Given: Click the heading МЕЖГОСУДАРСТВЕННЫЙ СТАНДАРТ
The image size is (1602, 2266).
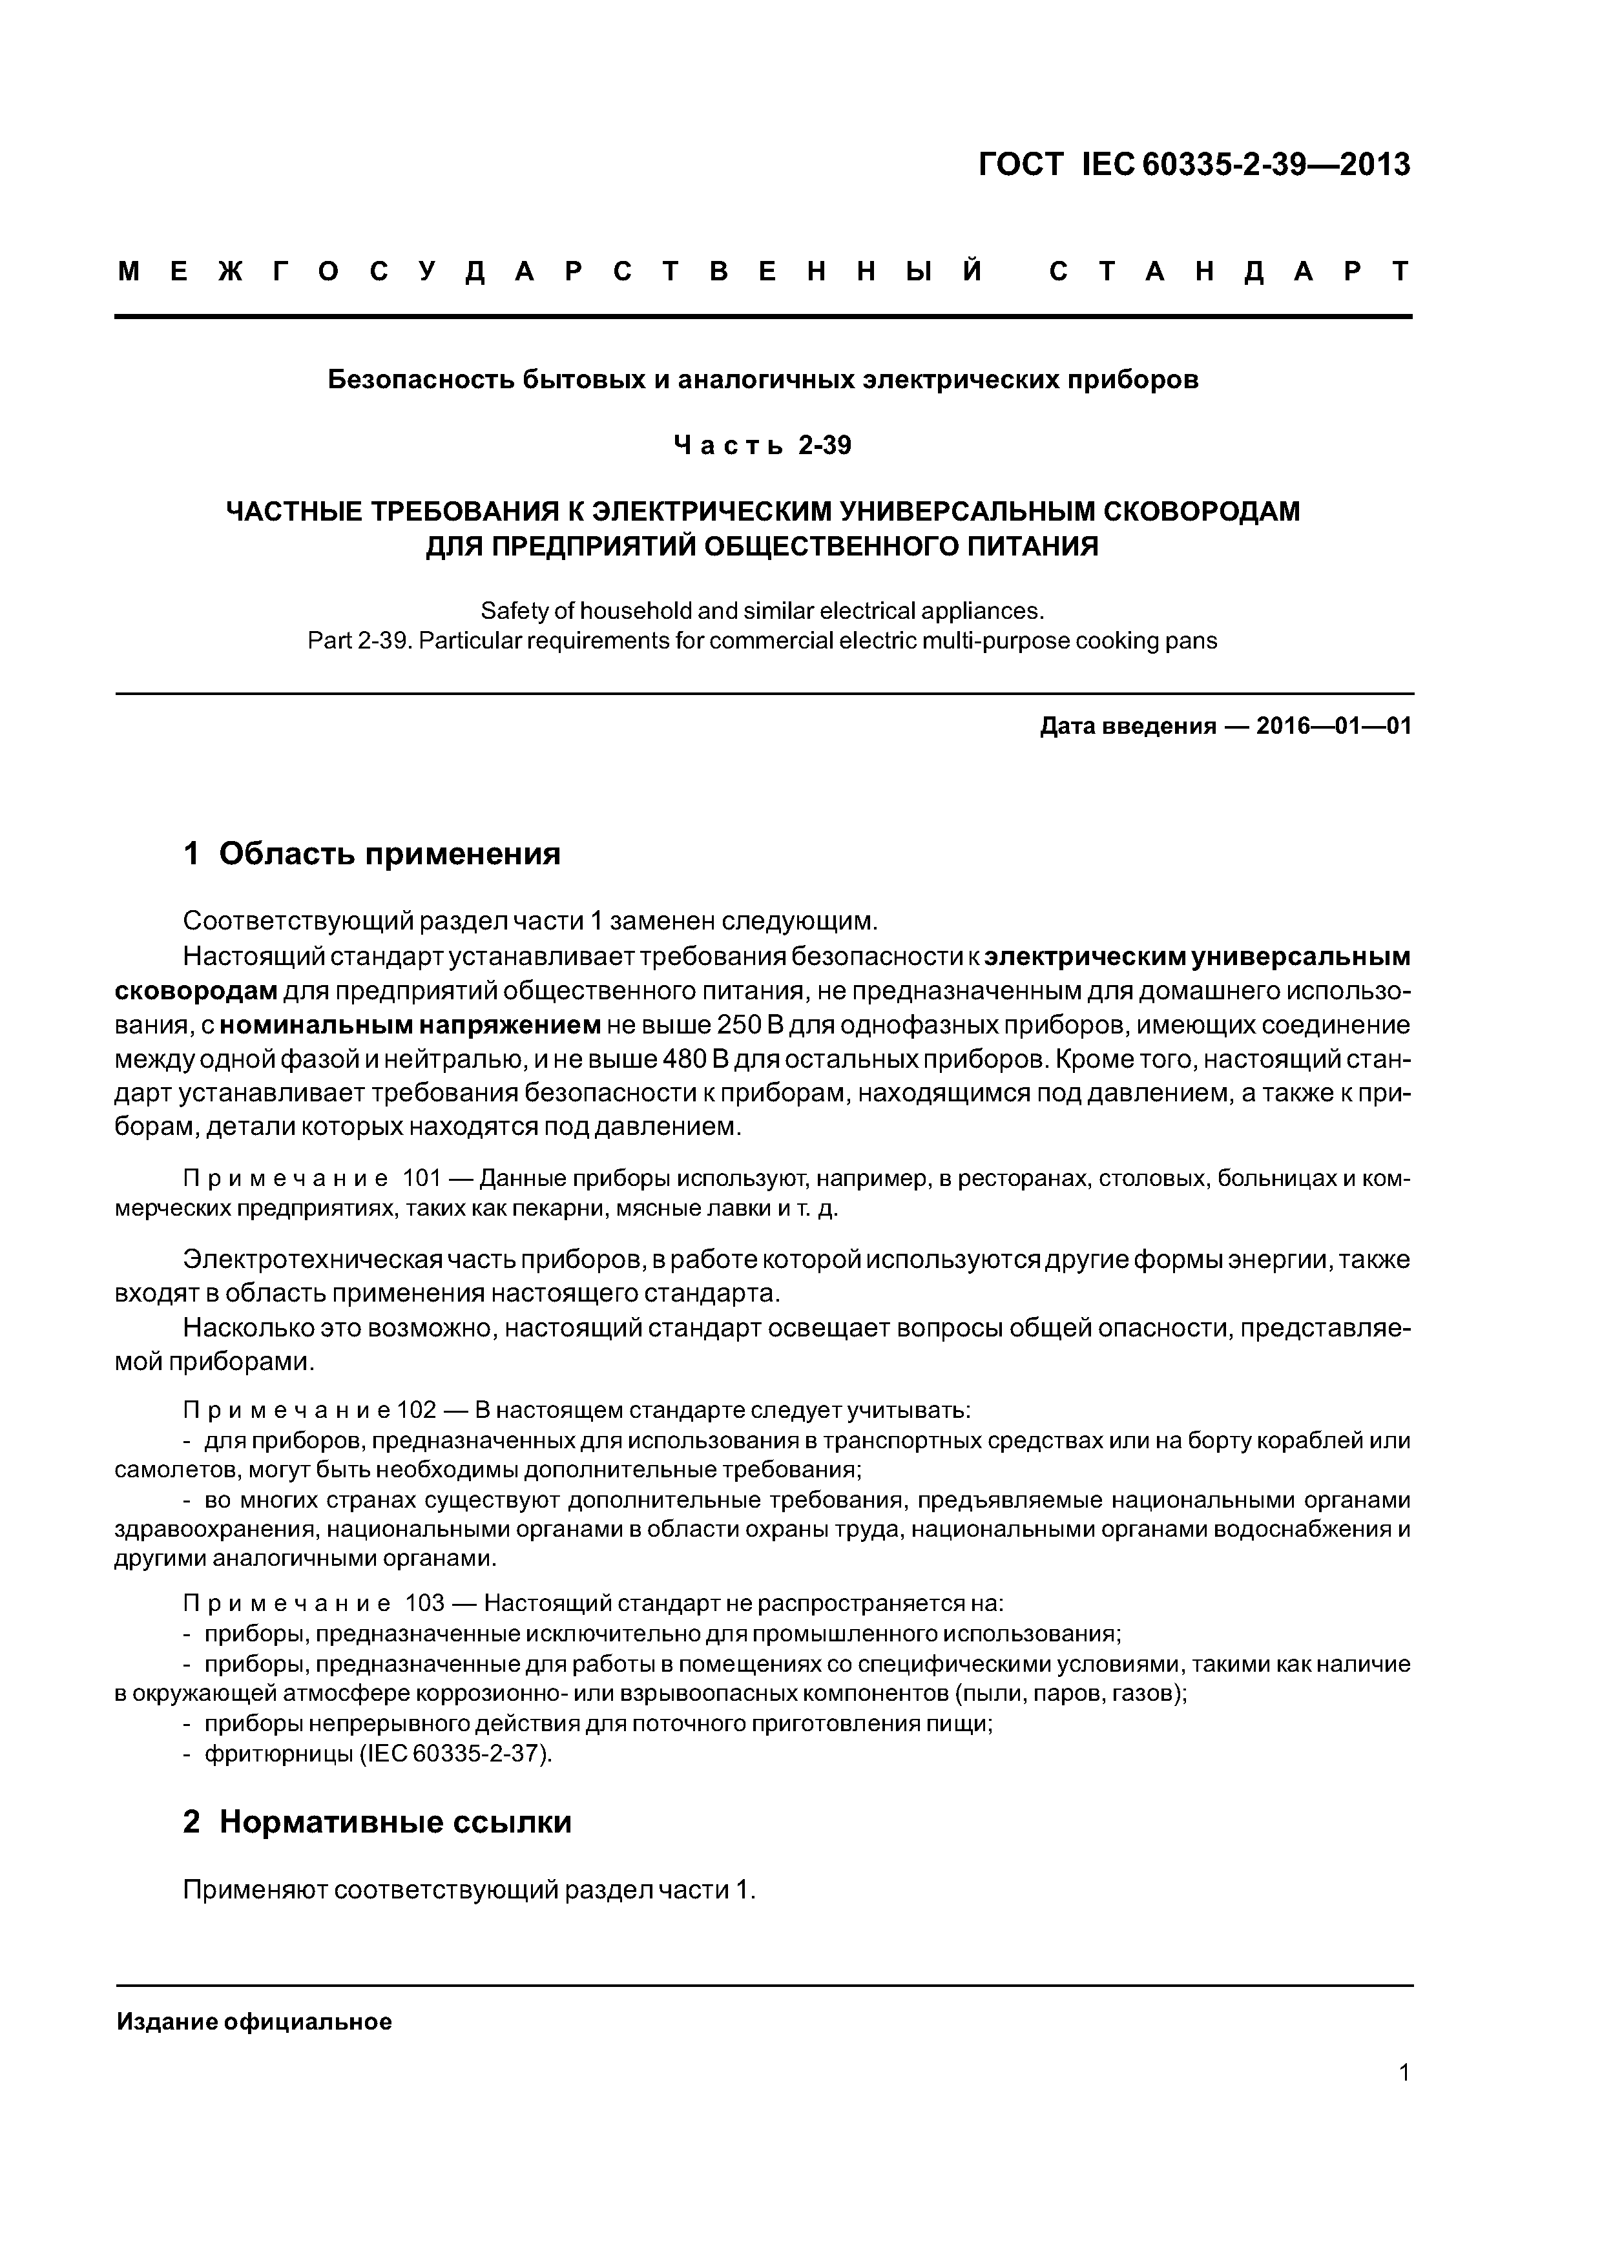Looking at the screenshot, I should tap(763, 271).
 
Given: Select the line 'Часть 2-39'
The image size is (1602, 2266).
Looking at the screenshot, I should tap(762, 446).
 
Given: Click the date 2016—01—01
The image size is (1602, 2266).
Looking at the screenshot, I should tap(1333, 727).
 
